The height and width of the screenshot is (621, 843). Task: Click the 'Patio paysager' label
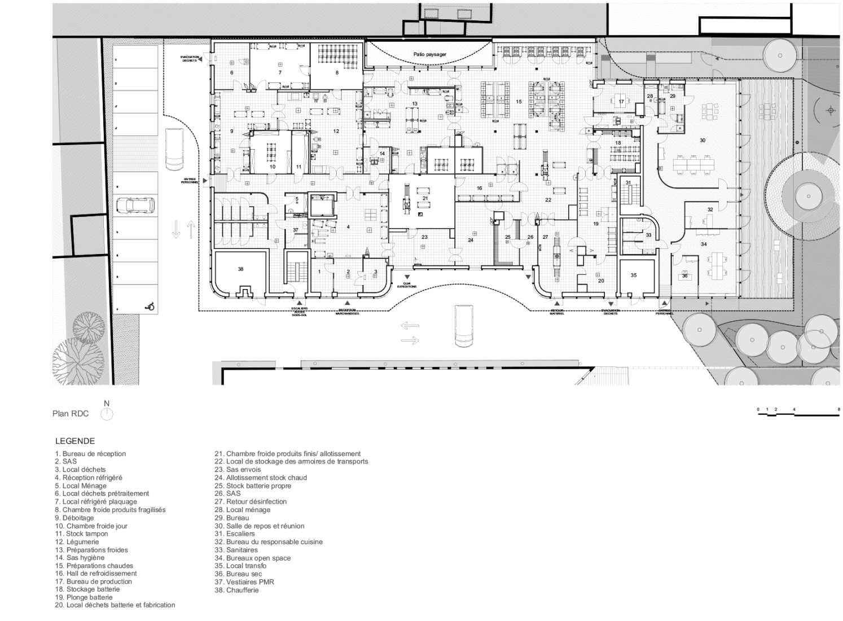[430, 55]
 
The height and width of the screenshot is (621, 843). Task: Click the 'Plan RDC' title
[71, 414]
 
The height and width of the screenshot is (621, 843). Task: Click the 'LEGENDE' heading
[75, 441]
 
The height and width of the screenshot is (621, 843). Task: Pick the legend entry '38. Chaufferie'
[236, 590]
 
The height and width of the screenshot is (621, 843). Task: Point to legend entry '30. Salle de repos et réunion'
[259, 526]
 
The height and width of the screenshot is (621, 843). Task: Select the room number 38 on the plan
[240, 269]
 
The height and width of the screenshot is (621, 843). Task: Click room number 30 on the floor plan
[702, 140]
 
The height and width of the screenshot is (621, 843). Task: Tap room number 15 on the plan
[518, 102]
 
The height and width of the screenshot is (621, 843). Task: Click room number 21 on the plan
[425, 198]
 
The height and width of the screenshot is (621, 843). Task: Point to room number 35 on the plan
[634, 275]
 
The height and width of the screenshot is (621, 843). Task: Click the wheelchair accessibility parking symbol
[150, 307]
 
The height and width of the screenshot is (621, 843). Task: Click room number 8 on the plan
[337, 72]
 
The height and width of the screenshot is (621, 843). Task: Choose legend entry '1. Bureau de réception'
[90, 453]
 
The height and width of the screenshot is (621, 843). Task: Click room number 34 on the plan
[703, 244]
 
